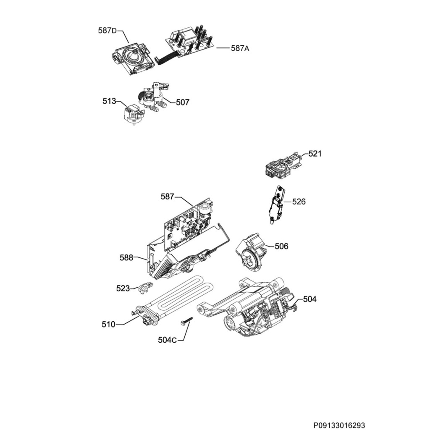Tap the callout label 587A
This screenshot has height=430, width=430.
point(240,48)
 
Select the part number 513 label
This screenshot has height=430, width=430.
point(109,101)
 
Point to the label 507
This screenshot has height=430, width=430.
point(182,102)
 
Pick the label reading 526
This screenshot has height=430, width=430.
point(299,202)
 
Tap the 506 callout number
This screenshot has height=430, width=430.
point(281,246)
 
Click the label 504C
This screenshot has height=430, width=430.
point(167,340)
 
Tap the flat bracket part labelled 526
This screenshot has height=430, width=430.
point(276,205)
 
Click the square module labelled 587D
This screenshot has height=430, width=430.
point(132,58)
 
